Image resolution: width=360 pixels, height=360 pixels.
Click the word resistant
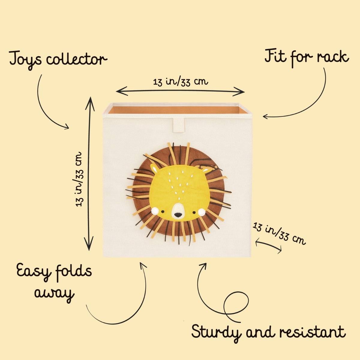point(312,332)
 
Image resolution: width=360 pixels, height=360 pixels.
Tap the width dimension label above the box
point(181,81)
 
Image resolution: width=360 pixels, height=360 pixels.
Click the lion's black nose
point(178,215)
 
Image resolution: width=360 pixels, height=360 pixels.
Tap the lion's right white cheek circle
point(201,212)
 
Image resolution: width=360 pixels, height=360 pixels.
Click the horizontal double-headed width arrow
point(180,91)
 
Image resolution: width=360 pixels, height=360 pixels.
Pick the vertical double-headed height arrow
point(89,174)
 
